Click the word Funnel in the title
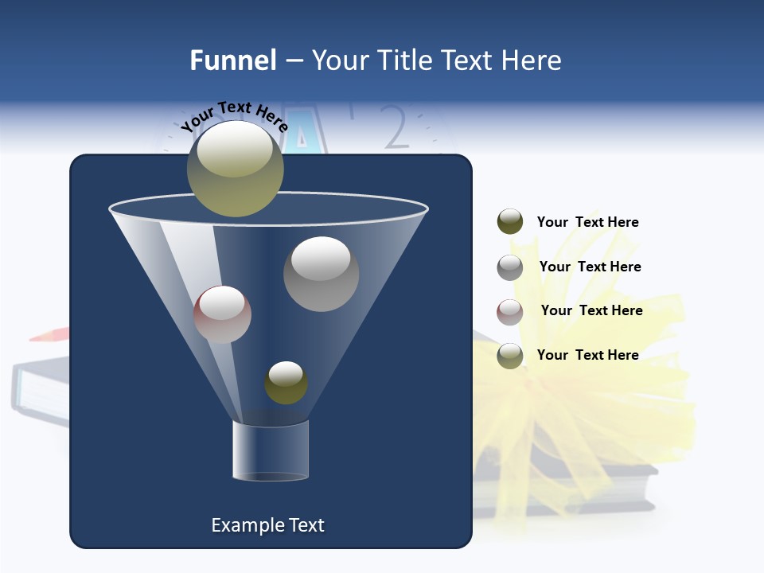[232, 60]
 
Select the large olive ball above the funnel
[235, 169]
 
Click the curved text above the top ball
[235, 116]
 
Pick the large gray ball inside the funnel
[321, 274]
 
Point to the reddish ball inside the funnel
[222, 314]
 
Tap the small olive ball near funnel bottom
[286, 383]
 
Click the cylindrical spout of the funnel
[270, 450]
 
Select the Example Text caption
[268, 525]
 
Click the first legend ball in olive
[510, 222]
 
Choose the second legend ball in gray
[510, 267]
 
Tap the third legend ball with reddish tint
[510, 312]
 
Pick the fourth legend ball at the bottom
[510, 356]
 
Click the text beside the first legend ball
[587, 222]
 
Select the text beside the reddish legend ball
[591, 310]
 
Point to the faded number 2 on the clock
[396, 127]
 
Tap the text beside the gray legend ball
[590, 267]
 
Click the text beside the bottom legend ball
[587, 355]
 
